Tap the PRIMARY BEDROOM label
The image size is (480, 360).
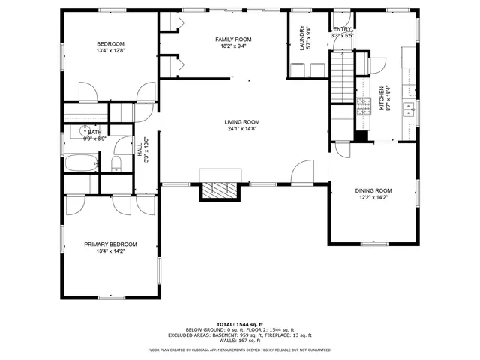click(110, 244)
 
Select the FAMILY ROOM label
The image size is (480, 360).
click(233, 39)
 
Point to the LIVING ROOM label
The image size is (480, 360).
click(241, 122)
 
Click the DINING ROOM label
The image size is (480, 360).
click(373, 191)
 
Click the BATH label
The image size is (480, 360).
click(95, 132)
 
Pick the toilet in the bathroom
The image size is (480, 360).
click(117, 163)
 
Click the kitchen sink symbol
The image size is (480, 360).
click(409, 111)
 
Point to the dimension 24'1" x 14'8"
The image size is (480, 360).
click(241, 129)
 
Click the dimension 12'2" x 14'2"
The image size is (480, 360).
click(373, 198)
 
